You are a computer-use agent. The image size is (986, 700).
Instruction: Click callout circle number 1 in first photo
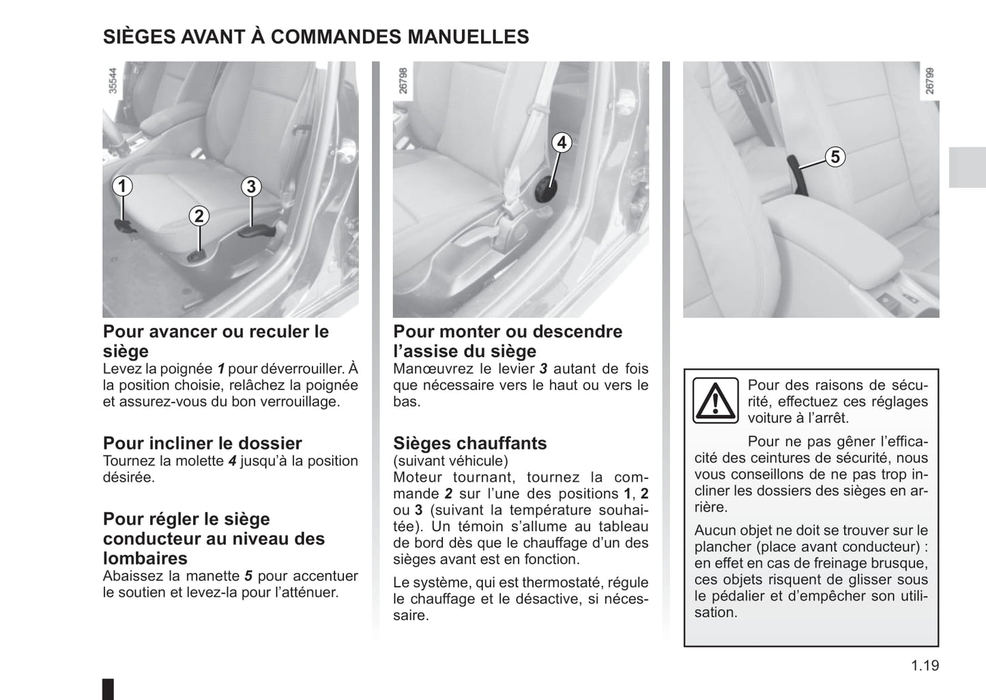[x=122, y=186]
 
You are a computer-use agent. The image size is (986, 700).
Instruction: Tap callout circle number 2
[x=199, y=216]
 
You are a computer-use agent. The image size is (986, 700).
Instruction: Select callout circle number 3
[x=251, y=186]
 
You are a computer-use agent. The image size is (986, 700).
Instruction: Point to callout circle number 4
[x=562, y=143]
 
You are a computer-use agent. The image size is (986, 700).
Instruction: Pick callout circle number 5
[x=835, y=157]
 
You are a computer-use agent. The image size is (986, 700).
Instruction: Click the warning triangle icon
[x=715, y=400]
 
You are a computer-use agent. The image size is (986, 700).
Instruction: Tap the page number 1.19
[x=925, y=665]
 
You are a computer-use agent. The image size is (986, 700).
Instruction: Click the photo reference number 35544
[x=114, y=80]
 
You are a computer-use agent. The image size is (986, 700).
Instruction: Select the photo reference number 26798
[x=403, y=80]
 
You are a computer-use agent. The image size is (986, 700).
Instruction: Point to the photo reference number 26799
[x=929, y=80]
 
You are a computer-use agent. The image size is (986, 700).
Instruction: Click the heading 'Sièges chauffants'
[x=469, y=443]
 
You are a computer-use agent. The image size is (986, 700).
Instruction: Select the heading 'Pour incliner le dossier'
[x=202, y=443]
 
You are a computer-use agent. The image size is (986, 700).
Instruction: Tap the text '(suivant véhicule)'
[x=450, y=461]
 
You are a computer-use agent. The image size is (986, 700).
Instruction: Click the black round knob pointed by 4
[x=545, y=190]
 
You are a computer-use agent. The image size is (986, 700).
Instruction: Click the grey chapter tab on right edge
[x=967, y=167]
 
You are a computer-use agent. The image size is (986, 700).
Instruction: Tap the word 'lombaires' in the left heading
[x=145, y=559]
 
